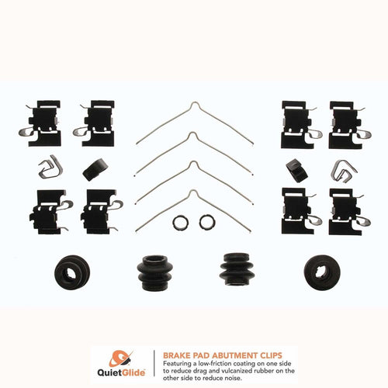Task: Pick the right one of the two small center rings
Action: (x=206, y=222)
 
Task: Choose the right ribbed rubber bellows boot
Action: (x=236, y=269)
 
